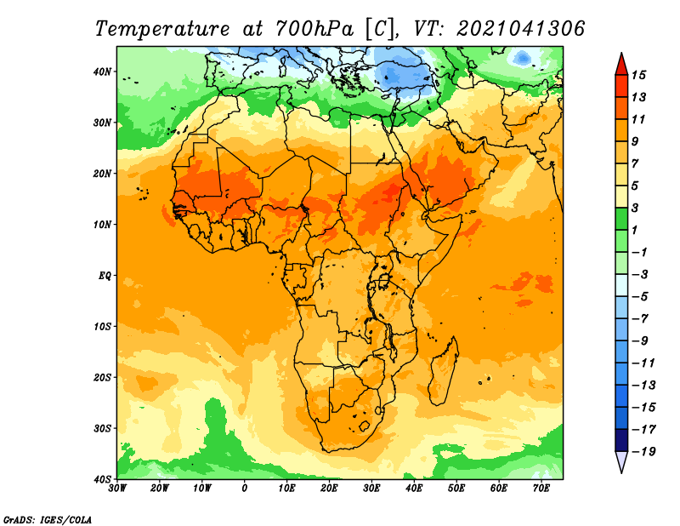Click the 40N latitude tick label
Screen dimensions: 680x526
pyautogui.click(x=102, y=71)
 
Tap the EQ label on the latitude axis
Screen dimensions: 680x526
pyautogui.click(x=105, y=276)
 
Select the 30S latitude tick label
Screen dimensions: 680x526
pyautogui.click(x=102, y=429)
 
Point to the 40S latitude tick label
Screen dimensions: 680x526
pyautogui.click(x=102, y=479)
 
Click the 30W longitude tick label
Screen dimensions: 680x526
pyautogui.click(x=117, y=489)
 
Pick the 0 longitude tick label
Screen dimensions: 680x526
pyautogui.click(x=245, y=489)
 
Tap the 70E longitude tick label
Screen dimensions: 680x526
pyautogui.click(x=541, y=489)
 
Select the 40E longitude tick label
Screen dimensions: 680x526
pyautogui.click(x=414, y=489)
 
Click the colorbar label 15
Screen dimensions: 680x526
pyautogui.click(x=638, y=75)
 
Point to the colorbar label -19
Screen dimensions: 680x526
pyautogui.click(x=643, y=452)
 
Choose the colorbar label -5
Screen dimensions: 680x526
pyautogui.click(x=640, y=297)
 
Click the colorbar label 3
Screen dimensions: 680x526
pyautogui.click(x=635, y=208)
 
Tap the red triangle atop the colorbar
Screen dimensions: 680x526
pyautogui.click(x=621, y=65)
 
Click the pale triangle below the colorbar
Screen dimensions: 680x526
pyautogui.click(x=621, y=461)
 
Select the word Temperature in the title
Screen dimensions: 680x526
pyautogui.click(x=162, y=29)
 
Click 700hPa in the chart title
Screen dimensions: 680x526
pyautogui.click(x=314, y=29)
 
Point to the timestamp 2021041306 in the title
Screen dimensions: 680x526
pyautogui.click(x=521, y=29)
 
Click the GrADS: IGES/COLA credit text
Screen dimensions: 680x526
pyautogui.click(x=48, y=520)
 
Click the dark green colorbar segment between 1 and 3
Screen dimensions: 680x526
pyautogui.click(x=621, y=219)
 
